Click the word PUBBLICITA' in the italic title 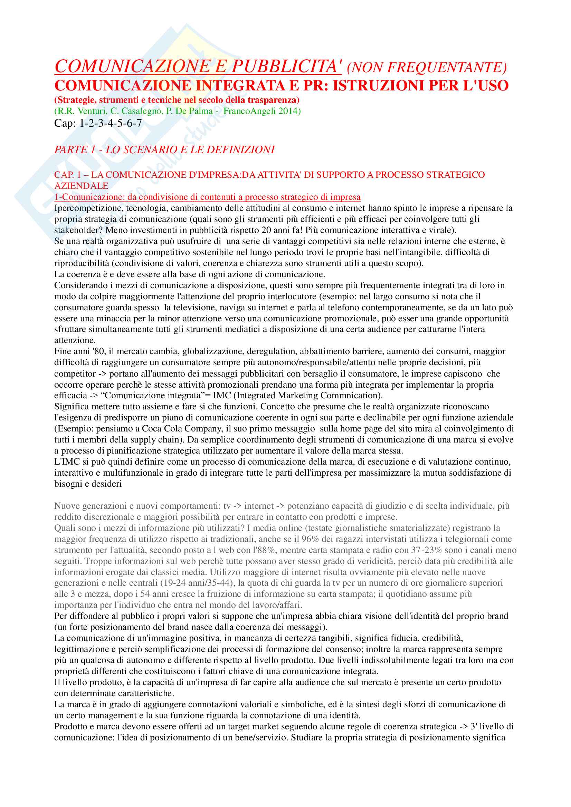coord(286,66)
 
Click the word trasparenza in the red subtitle coord(273,100)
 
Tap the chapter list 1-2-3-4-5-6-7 coord(111,123)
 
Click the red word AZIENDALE coord(81,186)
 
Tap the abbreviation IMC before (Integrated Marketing coord(222,396)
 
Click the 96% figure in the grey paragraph coord(310,539)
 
